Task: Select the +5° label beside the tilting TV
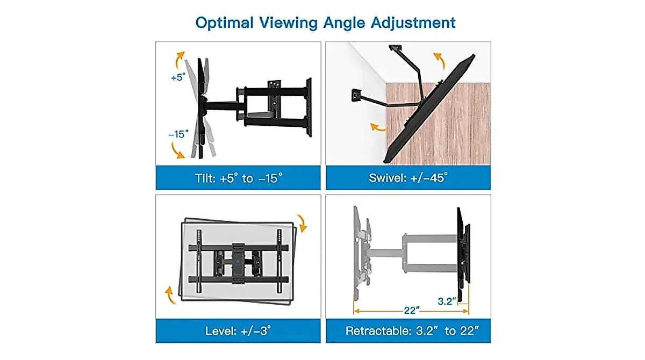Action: pyautogui.click(x=177, y=77)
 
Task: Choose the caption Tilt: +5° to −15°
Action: pyautogui.click(x=238, y=178)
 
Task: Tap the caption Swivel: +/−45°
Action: pyautogui.click(x=408, y=178)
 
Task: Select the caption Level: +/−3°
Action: pyautogui.click(x=238, y=330)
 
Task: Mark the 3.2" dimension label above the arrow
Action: pyautogui.click(x=446, y=301)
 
